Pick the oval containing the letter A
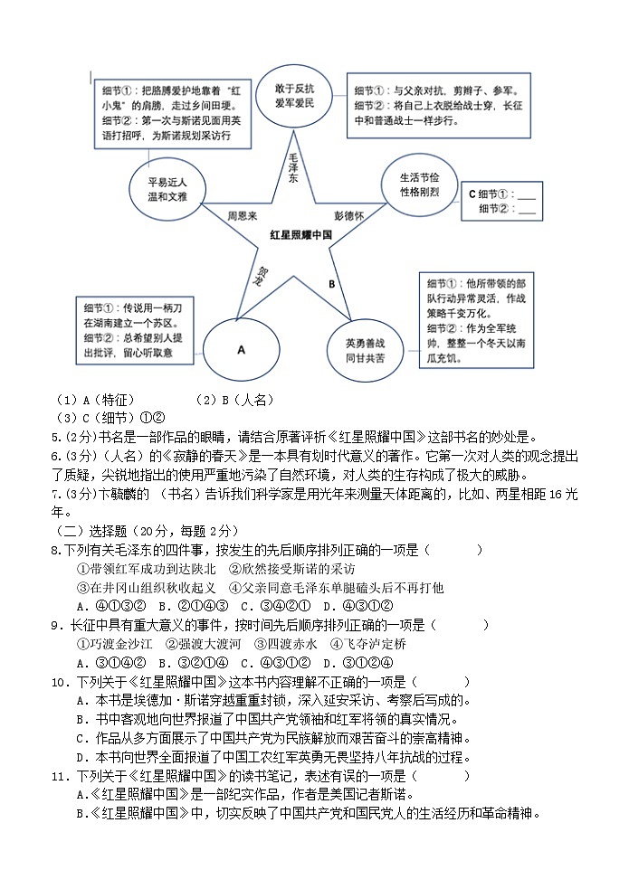[x=241, y=347]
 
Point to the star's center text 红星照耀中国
[x=300, y=234]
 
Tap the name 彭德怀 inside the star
[x=348, y=216]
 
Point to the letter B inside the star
[x=331, y=283]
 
